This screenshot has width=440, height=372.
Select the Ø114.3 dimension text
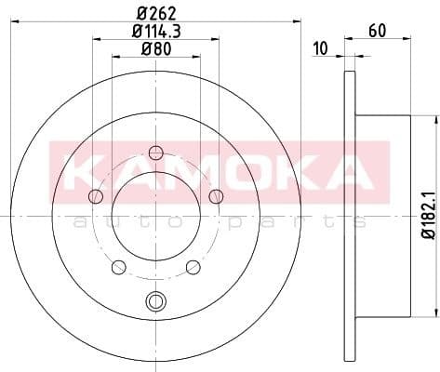155,32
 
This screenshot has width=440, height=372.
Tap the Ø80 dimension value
155,49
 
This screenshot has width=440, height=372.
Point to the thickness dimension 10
320,49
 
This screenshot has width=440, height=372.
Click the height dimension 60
376,31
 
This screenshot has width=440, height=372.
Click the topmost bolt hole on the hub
155,153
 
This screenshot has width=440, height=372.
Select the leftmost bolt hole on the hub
95,196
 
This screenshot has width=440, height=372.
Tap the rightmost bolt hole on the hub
216,195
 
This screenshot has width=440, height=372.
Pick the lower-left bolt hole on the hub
118,267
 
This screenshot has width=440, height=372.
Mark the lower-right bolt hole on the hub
193,267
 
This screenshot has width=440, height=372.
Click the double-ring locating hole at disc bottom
155,300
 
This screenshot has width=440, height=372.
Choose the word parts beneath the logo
284,221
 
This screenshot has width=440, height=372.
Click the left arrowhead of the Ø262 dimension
21,22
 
